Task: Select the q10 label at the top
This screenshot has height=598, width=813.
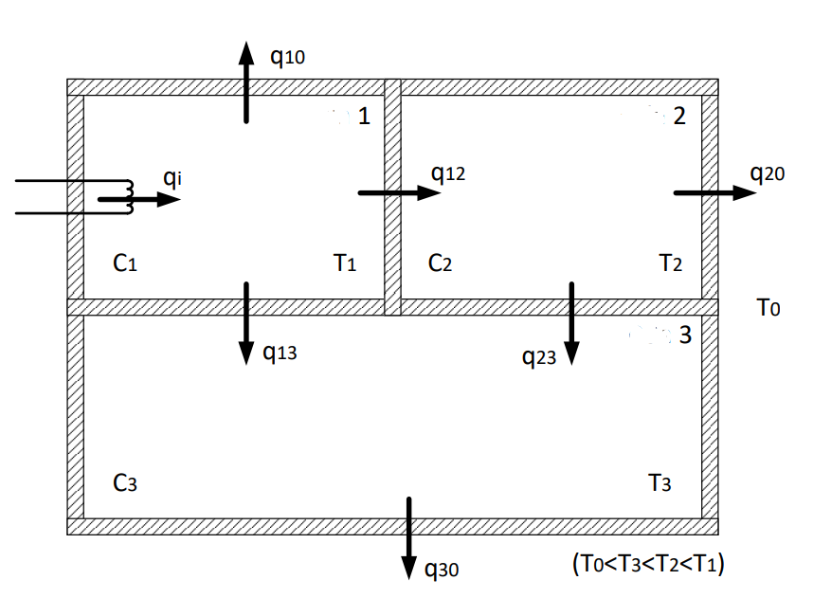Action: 287,57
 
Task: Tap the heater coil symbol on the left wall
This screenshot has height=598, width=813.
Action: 116,198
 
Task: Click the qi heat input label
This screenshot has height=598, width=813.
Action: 172,176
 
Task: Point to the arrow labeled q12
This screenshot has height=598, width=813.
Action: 399,192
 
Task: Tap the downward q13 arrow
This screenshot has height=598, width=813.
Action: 246,322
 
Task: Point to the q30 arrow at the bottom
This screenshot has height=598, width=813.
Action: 409,537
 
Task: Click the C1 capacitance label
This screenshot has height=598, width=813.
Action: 125,264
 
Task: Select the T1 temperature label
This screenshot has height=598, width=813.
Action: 345,264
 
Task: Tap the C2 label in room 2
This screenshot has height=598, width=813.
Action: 440,264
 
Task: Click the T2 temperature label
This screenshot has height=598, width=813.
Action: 670,264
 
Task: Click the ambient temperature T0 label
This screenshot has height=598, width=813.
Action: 768,308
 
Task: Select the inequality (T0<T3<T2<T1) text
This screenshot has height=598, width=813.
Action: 648,564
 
